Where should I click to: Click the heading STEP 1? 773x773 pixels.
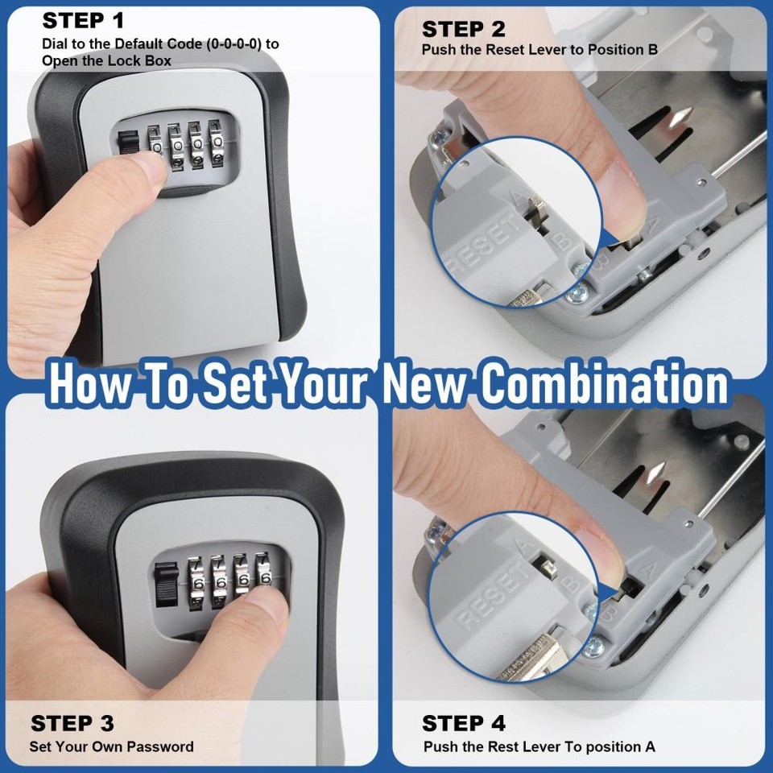[84, 21]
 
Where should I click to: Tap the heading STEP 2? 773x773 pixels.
[463, 30]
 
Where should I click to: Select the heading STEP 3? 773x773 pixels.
[72, 722]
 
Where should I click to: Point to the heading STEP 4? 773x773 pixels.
[464, 722]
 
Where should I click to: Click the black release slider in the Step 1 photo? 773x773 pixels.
[126, 141]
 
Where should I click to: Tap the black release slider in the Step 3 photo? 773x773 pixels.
[165, 585]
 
